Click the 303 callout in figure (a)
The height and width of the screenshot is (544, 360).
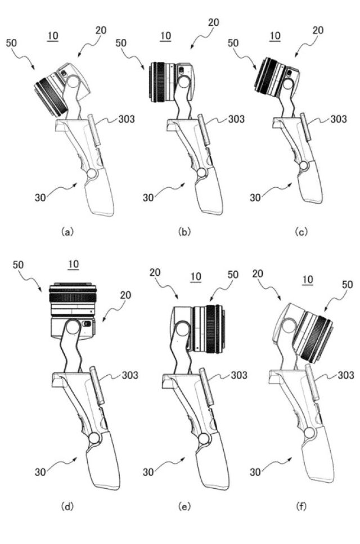pos(127,119)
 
